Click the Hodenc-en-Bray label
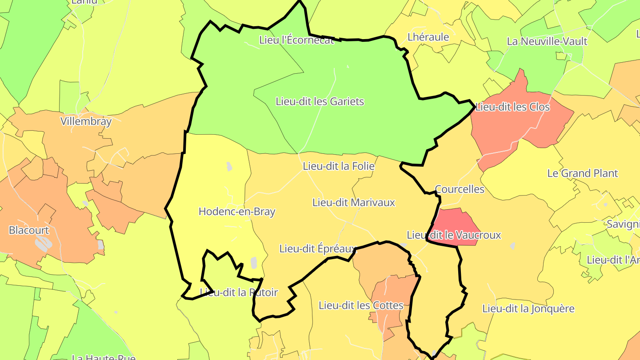[237, 212]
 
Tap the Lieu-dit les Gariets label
[320, 101]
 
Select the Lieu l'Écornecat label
[296, 40]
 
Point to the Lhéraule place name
[428, 37]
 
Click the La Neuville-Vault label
[547, 41]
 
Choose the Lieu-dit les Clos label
[512, 107]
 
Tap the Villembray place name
[86, 121]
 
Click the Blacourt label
[29, 230]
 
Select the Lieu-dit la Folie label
[339, 166]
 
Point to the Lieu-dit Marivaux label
[354, 203]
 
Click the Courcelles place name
[460, 189]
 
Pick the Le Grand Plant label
[583, 173]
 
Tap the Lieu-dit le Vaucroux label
[454, 235]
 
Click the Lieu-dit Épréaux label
[318, 248]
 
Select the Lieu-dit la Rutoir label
[239, 292]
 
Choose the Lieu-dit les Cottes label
[361, 305]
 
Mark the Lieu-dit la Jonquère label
[528, 308]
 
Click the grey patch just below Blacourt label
[44, 243]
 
